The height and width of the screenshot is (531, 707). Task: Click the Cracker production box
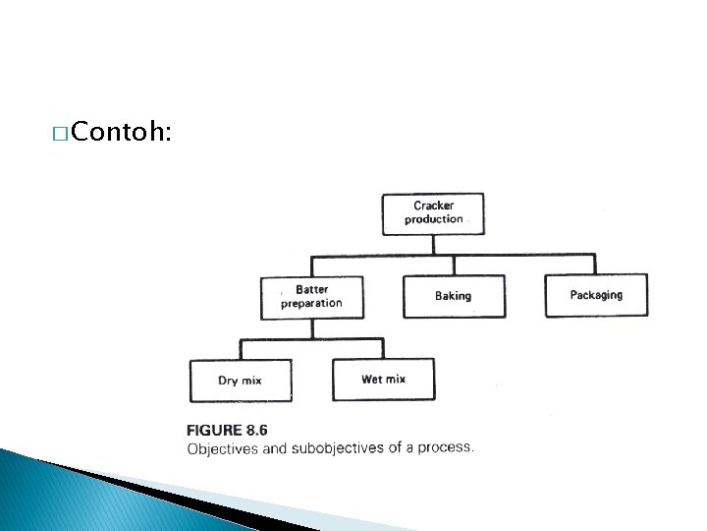click(433, 213)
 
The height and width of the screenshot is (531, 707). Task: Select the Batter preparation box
click(311, 297)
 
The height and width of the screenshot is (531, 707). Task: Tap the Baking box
click(454, 296)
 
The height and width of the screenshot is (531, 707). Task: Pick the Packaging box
click(596, 295)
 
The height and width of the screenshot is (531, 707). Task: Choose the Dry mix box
click(241, 381)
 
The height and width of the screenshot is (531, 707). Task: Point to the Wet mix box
click(383, 380)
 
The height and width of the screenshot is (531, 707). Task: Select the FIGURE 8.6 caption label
click(227, 430)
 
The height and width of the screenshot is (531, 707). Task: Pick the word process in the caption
click(448, 447)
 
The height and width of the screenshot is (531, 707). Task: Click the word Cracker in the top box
click(433, 206)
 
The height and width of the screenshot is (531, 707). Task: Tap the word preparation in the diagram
click(311, 304)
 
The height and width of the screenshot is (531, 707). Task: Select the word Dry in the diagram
click(228, 381)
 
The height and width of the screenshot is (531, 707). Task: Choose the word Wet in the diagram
click(371, 380)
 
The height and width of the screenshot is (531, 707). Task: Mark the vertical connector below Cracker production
click(433, 245)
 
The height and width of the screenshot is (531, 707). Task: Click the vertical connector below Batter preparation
click(312, 328)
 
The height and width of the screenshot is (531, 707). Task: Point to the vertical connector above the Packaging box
click(595, 265)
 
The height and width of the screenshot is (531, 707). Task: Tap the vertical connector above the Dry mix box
click(241, 349)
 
